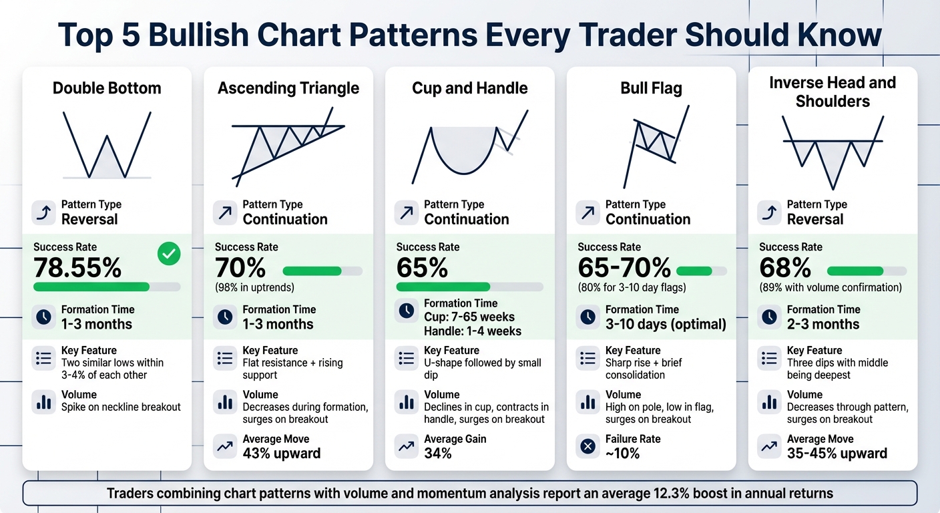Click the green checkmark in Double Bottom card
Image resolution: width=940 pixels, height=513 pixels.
[169, 254]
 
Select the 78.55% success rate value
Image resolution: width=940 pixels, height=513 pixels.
[77, 268]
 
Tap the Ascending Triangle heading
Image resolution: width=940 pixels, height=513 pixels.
[288, 88]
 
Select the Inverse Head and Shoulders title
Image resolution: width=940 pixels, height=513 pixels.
[833, 92]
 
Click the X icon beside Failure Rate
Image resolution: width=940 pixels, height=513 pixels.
[588, 446]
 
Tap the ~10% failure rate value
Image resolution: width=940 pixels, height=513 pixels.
[622, 454]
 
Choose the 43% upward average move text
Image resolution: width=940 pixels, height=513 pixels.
[281, 454]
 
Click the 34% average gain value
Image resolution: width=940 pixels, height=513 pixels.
[438, 454]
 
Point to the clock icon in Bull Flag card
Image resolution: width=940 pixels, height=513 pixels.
[588, 317]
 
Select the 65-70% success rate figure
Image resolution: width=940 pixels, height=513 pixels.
[624, 268]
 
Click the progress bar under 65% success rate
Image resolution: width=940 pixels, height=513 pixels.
[469, 287]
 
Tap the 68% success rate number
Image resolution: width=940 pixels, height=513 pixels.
[784, 268]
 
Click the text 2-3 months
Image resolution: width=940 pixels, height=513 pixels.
[822, 325]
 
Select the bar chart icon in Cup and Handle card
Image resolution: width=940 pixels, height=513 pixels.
[407, 402]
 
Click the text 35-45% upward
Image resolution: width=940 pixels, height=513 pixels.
[837, 454]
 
